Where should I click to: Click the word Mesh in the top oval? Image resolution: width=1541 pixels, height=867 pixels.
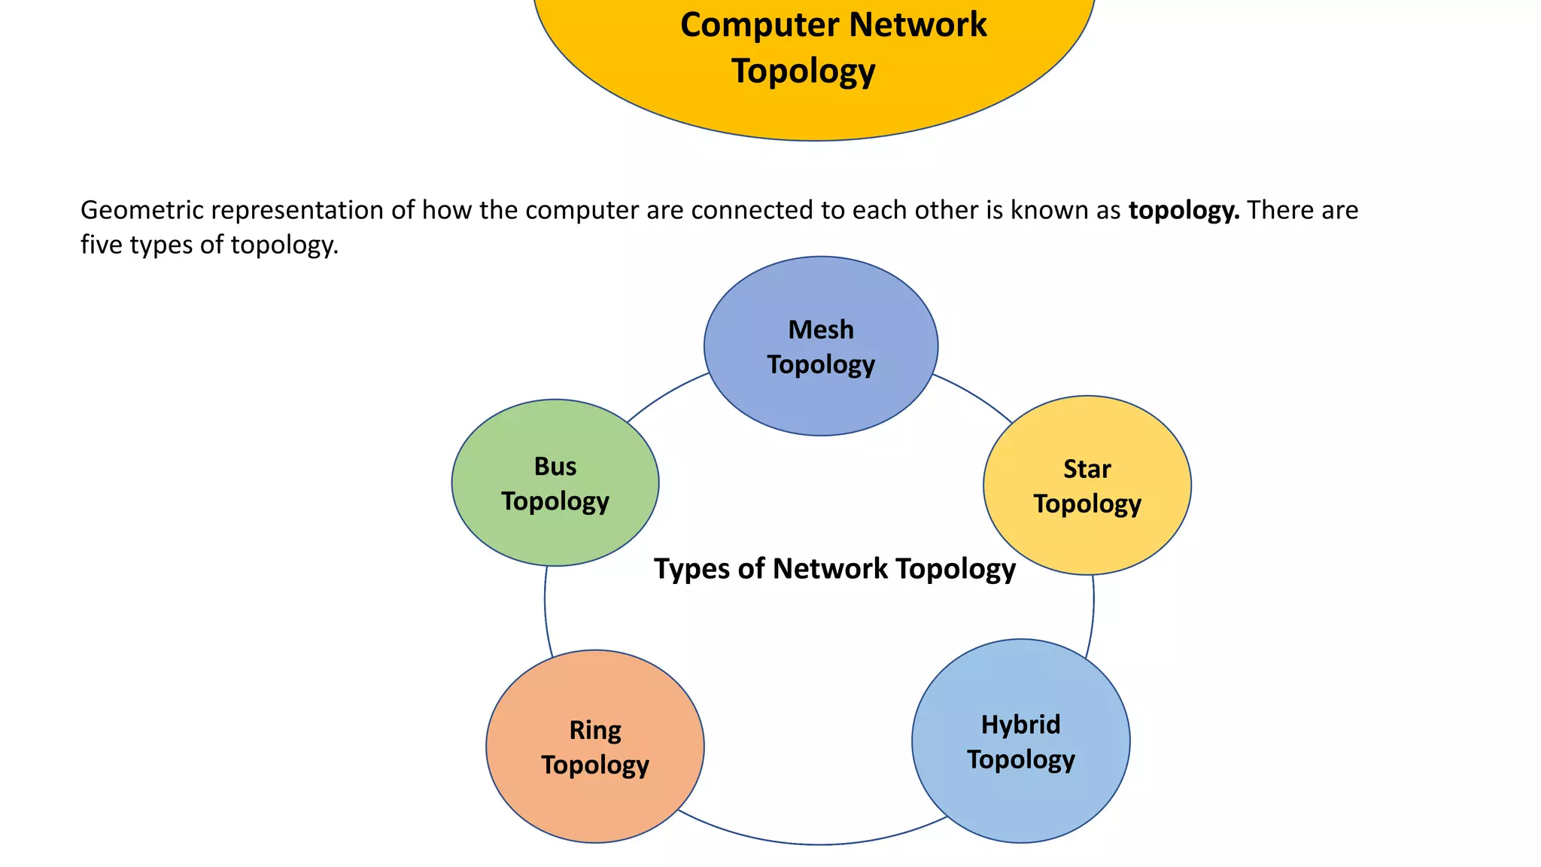(x=820, y=330)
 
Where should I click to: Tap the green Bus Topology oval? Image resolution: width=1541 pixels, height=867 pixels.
(x=555, y=527)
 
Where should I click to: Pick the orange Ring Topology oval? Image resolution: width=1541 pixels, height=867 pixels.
(x=594, y=798)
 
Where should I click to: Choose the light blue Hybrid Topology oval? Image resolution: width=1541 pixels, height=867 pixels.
(x=1020, y=798)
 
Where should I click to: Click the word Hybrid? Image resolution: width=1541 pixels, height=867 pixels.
(x=1020, y=725)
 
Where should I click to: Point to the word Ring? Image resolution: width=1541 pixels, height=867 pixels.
(x=594, y=730)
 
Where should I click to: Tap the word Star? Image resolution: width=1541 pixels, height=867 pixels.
(x=1087, y=469)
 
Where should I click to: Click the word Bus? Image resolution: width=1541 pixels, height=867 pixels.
(x=555, y=467)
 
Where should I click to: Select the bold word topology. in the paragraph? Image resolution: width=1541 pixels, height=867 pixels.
(x=1184, y=210)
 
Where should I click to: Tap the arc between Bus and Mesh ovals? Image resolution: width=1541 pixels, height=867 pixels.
(x=666, y=394)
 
